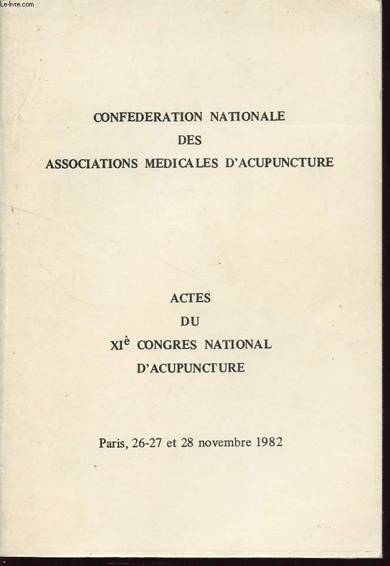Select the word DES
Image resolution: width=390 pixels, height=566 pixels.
tap(189, 139)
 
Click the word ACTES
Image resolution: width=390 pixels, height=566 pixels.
tap(190, 298)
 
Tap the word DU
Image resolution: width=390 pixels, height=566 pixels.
tap(190, 321)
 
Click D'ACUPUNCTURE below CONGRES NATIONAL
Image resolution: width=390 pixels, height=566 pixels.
tap(190, 369)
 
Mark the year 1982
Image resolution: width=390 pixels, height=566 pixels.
tap(269, 442)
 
